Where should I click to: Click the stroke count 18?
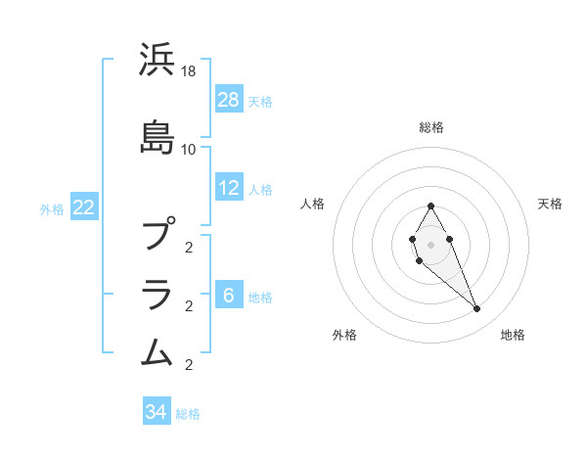189,72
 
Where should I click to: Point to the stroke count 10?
189,150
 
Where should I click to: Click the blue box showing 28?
229,100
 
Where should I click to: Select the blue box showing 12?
229,188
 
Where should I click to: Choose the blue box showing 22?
83,207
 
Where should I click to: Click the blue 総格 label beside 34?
188,414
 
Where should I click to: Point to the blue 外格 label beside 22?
52,208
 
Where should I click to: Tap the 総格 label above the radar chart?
431,127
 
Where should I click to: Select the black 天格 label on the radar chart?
550,204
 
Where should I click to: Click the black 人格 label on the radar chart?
313,204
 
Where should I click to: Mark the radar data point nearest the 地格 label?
476,309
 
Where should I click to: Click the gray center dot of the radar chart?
430,243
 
